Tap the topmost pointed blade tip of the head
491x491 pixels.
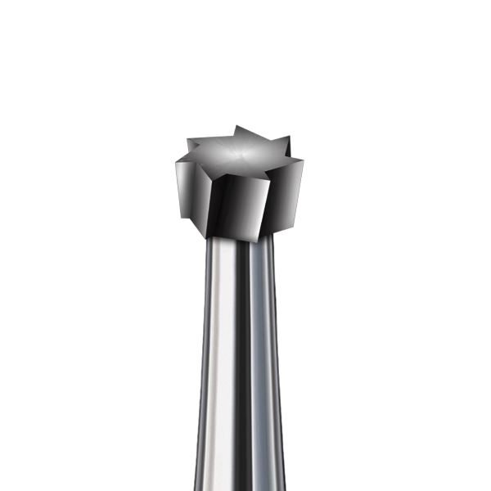click(236, 127)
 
